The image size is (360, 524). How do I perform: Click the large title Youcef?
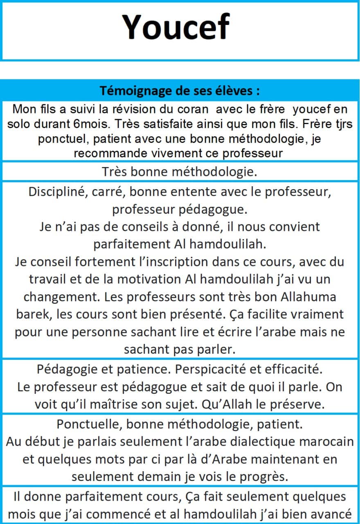(176, 27)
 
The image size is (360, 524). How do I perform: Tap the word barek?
(32, 314)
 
